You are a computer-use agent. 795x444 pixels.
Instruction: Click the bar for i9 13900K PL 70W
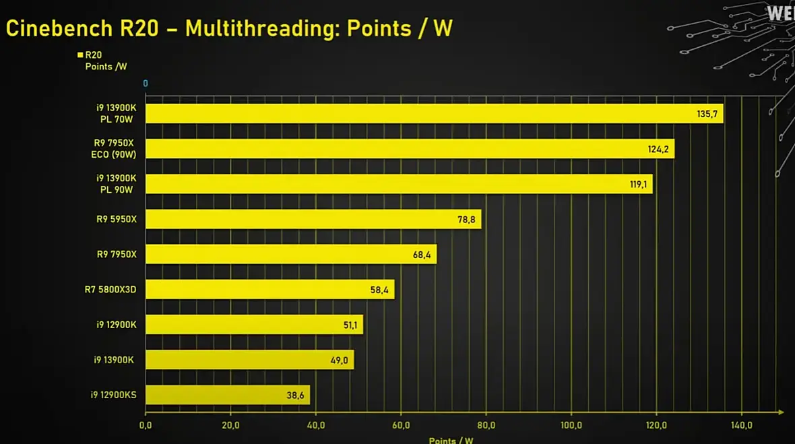431,113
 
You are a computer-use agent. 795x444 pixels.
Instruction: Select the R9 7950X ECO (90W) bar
408,149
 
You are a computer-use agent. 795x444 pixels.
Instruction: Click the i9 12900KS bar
226,395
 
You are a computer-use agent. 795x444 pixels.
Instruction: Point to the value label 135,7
707,114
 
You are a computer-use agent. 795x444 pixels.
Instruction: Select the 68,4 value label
421,255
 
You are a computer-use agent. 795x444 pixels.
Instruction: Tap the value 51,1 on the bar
350,325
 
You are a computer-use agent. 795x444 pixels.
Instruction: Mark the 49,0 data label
340,360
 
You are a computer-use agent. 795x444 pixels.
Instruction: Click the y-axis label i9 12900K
117,325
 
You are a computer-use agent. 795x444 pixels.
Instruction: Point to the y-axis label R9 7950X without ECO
117,254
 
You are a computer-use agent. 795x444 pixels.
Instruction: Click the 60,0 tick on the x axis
401,425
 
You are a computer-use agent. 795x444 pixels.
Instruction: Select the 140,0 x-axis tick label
741,425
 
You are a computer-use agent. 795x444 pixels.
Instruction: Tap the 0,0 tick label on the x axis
146,425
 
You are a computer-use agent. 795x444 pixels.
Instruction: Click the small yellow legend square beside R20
80,55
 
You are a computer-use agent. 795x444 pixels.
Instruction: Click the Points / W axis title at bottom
451,441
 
